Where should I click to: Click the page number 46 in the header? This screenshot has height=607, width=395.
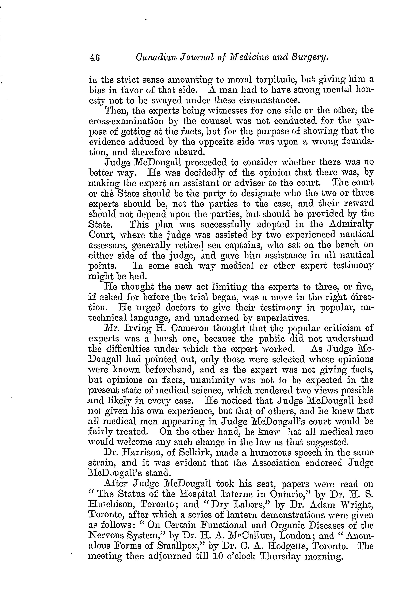(x=95, y=59)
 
